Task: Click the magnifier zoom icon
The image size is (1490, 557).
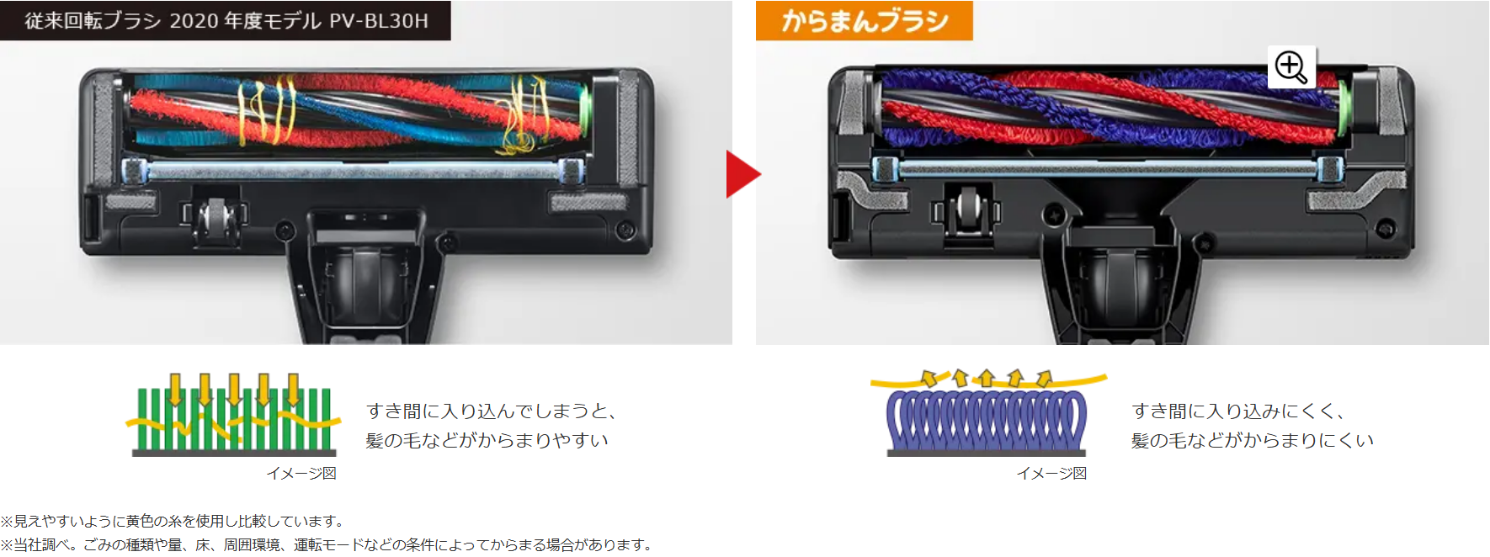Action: pos(1291,67)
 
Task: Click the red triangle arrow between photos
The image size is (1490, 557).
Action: pos(742,174)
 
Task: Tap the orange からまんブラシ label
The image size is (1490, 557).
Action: pos(865,21)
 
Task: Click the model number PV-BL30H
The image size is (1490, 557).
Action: pos(379,21)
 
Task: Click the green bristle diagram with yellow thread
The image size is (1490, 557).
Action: pos(234,414)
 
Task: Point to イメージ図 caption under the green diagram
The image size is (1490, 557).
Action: pos(301,474)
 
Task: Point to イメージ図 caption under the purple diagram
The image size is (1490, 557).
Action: pos(1051,474)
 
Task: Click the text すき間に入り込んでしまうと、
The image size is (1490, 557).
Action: pos(492,411)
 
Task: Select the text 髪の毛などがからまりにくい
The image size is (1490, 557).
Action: pos(1253,441)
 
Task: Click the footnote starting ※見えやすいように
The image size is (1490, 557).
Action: pos(173,522)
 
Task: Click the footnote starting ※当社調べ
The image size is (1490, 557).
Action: pos(327,545)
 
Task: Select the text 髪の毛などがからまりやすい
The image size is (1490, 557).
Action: pos(487,441)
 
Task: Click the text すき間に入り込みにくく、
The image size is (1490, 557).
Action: pos(1237,411)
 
